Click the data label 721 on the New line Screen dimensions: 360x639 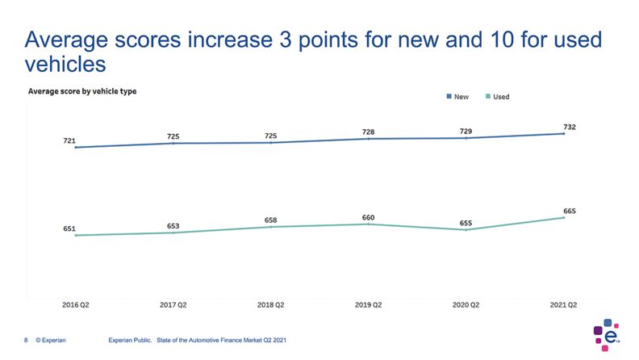point(69,140)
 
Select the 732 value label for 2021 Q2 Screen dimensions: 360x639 point(570,127)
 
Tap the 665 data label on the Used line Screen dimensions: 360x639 point(570,211)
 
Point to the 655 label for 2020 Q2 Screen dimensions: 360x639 point(466,223)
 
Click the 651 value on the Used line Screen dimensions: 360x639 point(69,228)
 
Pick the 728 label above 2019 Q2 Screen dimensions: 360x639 point(368,132)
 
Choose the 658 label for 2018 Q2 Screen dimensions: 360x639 point(271,220)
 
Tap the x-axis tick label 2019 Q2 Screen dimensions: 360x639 point(368,305)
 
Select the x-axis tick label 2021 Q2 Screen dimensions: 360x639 point(562,305)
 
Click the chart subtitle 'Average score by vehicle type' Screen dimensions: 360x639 point(82,91)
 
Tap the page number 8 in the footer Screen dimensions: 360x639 point(27,341)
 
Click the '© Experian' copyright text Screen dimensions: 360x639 point(51,341)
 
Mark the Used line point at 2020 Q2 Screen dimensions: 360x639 point(466,230)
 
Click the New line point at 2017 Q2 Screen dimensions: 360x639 point(173,143)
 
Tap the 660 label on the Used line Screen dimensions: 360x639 point(368,217)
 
